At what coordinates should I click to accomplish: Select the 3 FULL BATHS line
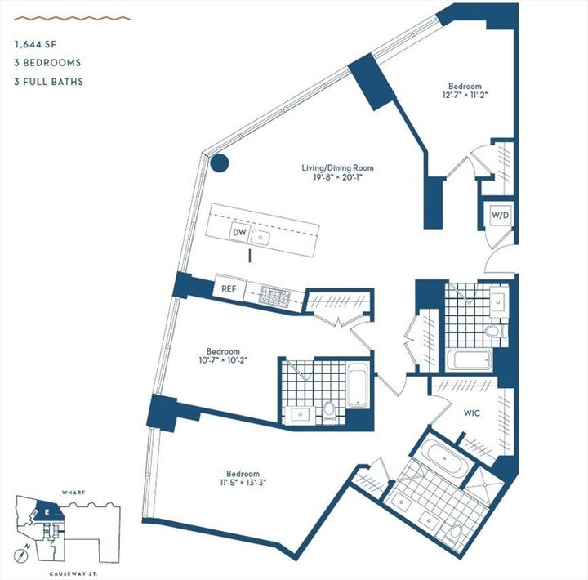(x=48, y=82)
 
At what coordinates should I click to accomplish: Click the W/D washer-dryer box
(x=500, y=215)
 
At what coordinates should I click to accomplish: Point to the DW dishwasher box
(x=239, y=233)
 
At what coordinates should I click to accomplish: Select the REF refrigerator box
(x=229, y=289)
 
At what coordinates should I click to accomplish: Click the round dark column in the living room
(x=218, y=163)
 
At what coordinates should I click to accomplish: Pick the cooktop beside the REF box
(x=272, y=294)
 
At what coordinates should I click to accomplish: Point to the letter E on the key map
(x=47, y=512)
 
